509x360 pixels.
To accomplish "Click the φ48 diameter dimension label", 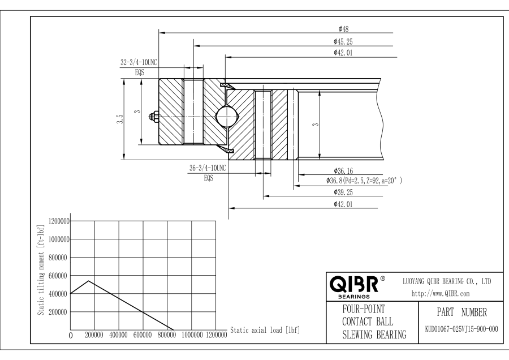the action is pyautogui.click(x=343, y=29).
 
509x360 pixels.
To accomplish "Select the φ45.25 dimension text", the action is pyautogui.click(x=343, y=41).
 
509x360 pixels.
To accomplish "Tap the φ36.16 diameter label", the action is pyautogui.click(x=343, y=171).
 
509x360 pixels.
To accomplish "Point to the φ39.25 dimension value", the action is pyautogui.click(x=343, y=192).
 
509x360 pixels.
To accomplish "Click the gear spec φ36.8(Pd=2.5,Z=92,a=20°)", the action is pyautogui.click(x=364, y=181).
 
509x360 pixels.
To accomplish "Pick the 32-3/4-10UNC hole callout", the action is pyautogui.click(x=139, y=62).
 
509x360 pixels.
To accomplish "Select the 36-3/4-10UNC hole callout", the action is pyautogui.click(x=208, y=168).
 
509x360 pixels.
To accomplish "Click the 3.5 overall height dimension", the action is pyautogui.click(x=120, y=119).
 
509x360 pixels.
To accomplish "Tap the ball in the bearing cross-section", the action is pyautogui.click(x=227, y=116).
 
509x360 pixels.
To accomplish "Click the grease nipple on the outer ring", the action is pyautogui.click(x=153, y=116).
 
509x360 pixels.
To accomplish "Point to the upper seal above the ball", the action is pyautogui.click(x=227, y=85).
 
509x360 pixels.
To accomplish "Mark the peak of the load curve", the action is pyautogui.click(x=89, y=281).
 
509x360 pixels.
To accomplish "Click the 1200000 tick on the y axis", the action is pyautogui.click(x=59, y=221).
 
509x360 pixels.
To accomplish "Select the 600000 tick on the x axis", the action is pyautogui.click(x=143, y=335).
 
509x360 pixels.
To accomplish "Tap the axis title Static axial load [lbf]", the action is pyautogui.click(x=265, y=330).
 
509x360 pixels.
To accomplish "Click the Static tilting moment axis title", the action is pyautogui.click(x=41, y=269).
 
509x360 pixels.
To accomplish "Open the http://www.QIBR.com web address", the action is pyautogui.click(x=441, y=294).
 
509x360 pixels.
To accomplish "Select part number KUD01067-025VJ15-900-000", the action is pyautogui.click(x=461, y=329).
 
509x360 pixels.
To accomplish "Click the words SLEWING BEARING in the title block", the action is pyautogui.click(x=374, y=335).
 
